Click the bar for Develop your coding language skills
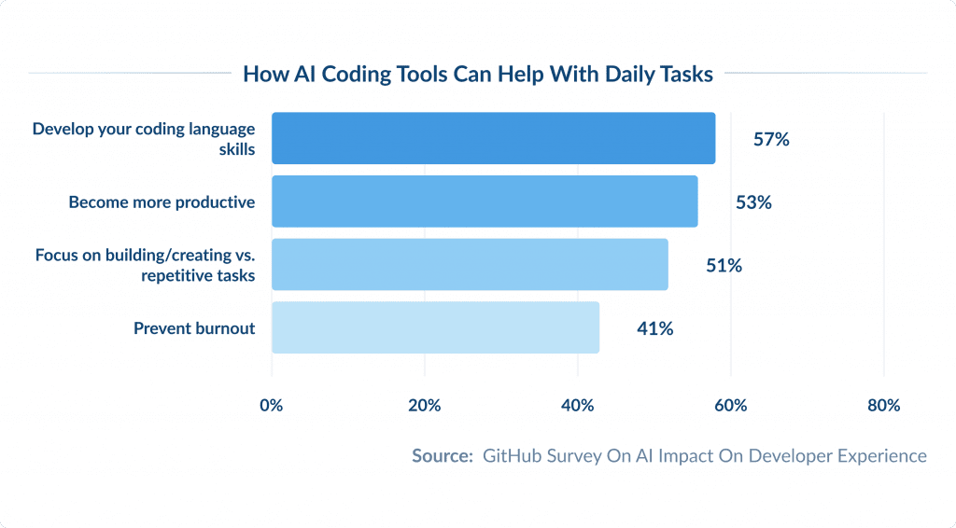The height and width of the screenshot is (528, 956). [493, 138]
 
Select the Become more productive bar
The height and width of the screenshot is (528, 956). [485, 201]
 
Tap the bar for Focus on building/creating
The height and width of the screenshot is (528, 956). [470, 265]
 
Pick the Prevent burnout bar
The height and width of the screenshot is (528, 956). [435, 327]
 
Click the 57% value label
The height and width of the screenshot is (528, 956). [771, 139]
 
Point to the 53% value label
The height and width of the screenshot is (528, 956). [753, 202]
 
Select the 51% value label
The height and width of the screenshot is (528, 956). [724, 266]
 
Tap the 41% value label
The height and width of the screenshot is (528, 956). [654, 328]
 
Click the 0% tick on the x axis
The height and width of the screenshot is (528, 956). [272, 406]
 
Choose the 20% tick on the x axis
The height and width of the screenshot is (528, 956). [425, 406]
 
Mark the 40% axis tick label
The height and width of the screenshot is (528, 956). [578, 406]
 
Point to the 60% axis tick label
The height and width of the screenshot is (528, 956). [731, 406]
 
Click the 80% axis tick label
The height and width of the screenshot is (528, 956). [883, 406]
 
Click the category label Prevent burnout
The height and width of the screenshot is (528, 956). [194, 328]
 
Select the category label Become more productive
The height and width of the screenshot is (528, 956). [162, 202]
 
